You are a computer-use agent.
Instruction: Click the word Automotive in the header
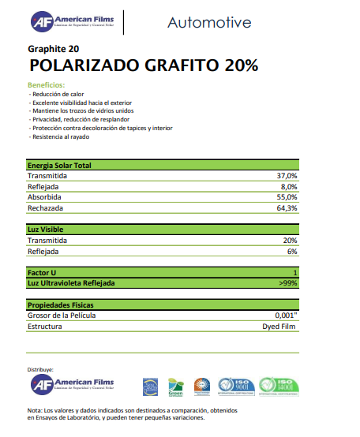click(209, 22)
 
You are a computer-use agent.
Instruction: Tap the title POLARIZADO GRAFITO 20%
click(143, 65)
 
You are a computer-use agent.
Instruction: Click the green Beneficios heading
click(46, 84)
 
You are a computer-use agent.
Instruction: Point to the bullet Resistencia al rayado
click(61, 136)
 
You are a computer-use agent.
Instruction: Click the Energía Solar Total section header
click(59, 166)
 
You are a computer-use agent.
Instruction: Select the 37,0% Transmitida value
click(287, 175)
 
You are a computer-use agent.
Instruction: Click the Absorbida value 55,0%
click(287, 197)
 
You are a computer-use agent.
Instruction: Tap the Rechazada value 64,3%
click(287, 208)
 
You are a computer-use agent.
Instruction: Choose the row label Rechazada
click(45, 208)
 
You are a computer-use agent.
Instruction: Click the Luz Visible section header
click(46, 230)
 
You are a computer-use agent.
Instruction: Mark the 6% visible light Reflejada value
click(292, 251)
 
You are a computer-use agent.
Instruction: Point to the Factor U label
click(44, 272)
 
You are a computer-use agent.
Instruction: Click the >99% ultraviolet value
click(288, 282)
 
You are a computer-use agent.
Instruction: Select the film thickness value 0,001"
click(285, 315)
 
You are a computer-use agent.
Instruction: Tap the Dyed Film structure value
click(279, 326)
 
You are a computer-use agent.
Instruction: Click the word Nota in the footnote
click(35, 410)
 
